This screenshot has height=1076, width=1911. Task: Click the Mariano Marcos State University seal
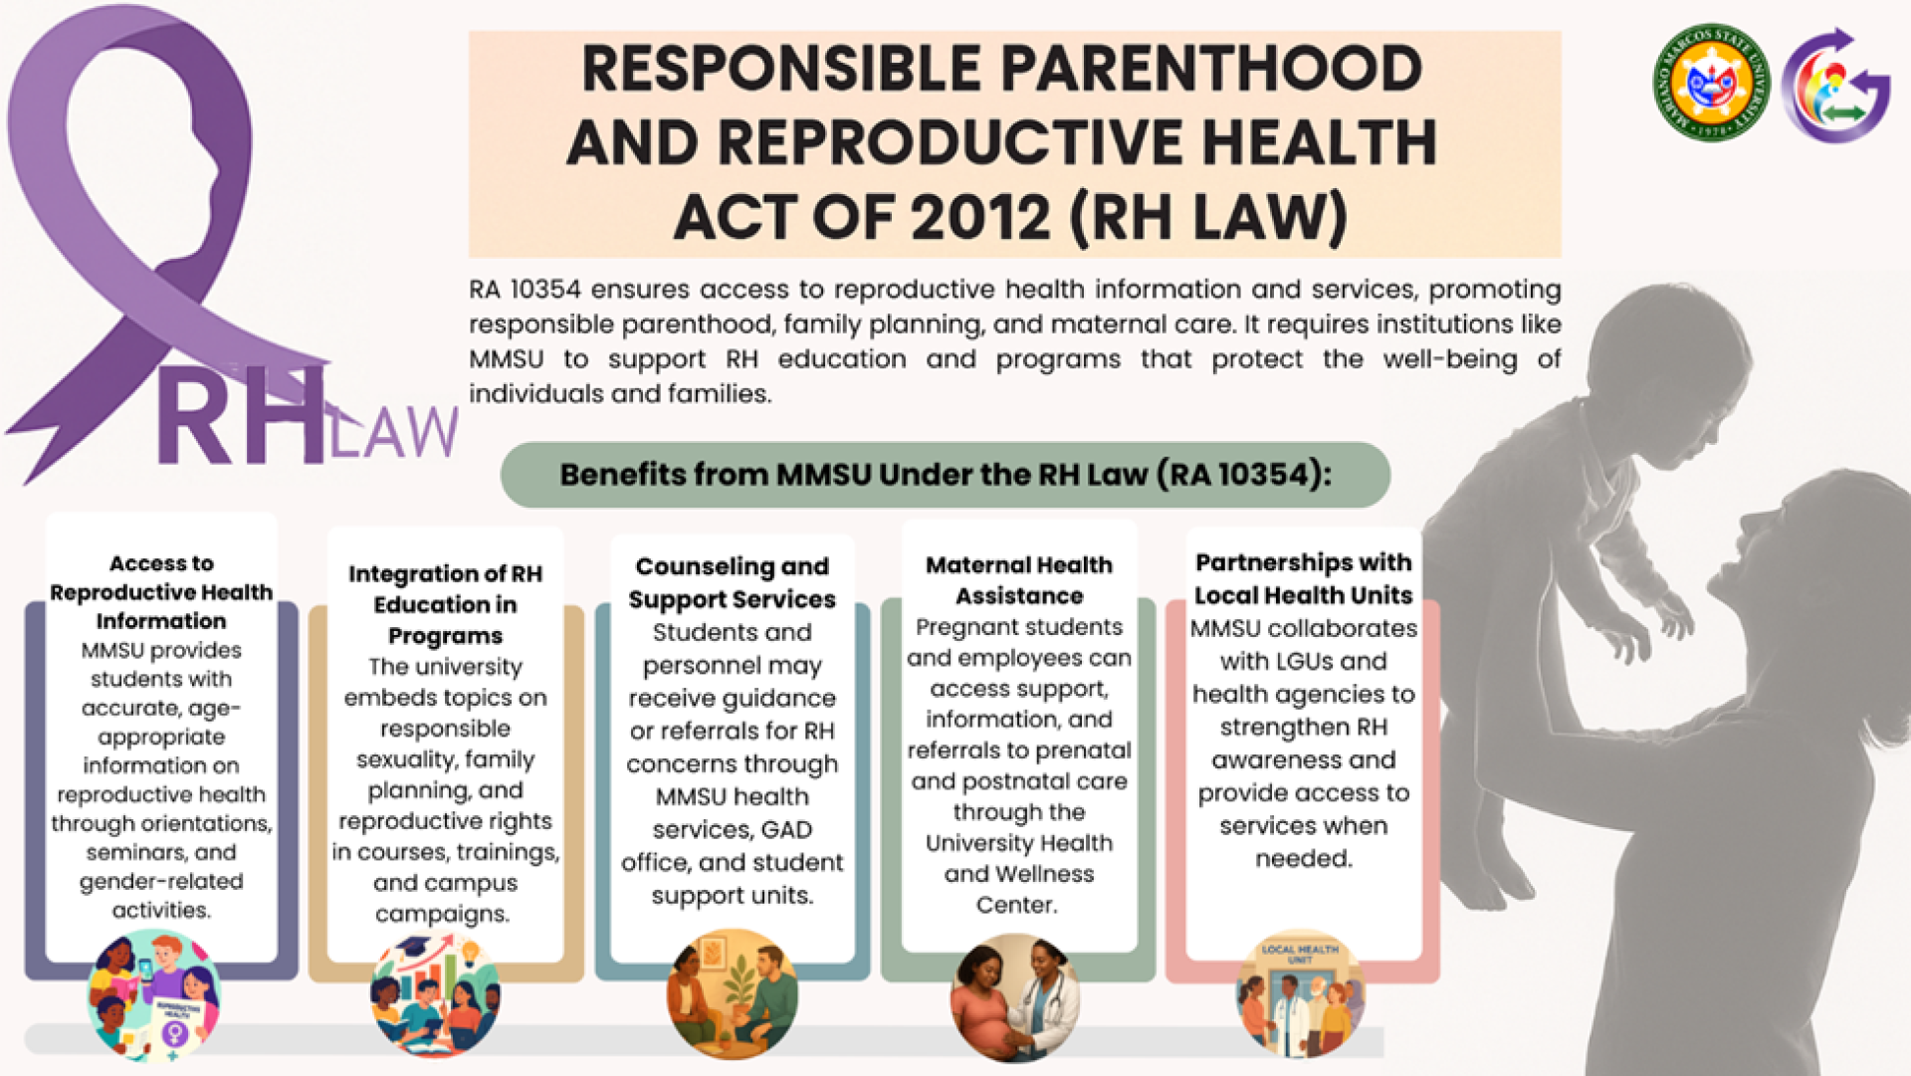point(1711,83)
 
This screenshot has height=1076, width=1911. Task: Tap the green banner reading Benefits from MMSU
point(945,475)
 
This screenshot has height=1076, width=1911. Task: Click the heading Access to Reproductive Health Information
point(161,592)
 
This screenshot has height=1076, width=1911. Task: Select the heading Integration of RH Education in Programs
point(445,604)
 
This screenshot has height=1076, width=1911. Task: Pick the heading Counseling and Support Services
point(732,582)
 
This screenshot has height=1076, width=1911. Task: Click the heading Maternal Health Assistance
point(1019,580)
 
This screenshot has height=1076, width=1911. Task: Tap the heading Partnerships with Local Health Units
point(1303,578)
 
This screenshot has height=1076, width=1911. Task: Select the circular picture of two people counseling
point(732,994)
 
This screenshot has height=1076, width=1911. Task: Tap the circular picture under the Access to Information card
point(154,996)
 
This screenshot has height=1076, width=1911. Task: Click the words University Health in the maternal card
point(1018,843)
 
